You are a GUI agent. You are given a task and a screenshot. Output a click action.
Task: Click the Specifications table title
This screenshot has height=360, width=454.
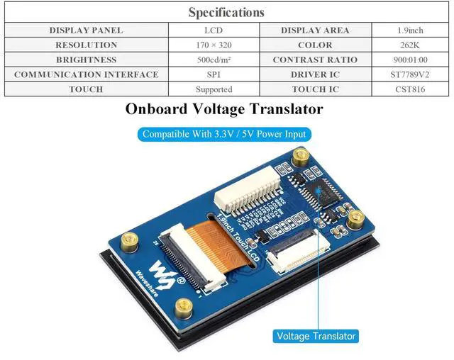226,12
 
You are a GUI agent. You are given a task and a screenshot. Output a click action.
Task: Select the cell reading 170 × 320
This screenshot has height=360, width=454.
214,45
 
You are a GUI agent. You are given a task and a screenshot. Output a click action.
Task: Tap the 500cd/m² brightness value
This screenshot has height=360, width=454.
214,60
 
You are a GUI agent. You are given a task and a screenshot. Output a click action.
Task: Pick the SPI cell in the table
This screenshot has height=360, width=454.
214,74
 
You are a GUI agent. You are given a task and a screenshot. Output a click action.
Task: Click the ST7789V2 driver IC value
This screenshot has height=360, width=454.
410,74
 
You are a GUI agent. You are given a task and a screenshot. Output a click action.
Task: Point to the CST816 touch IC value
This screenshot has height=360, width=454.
410,89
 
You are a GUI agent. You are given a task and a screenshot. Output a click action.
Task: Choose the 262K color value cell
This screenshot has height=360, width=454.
410,45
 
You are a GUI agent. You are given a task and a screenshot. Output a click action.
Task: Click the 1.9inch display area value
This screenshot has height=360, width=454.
410,30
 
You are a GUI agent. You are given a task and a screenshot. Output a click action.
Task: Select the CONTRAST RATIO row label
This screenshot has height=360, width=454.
315,60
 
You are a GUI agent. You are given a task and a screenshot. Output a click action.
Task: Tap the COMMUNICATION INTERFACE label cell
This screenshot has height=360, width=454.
86,74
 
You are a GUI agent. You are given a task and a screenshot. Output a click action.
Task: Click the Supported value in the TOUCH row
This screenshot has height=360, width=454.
214,89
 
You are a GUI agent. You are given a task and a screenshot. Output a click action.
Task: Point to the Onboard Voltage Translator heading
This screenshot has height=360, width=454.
224,109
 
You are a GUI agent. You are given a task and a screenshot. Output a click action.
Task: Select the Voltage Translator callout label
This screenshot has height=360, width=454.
316,336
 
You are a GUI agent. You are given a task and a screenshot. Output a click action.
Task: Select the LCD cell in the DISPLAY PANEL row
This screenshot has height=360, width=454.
214,30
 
